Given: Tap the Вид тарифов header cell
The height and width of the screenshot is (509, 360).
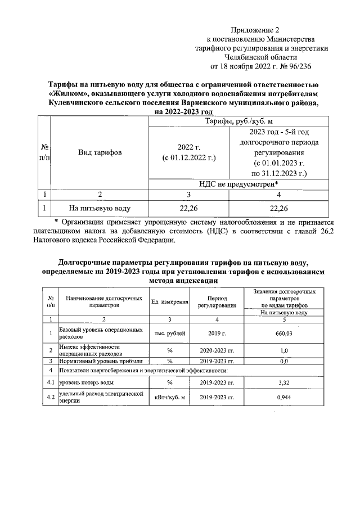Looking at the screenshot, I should coord(100,152).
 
